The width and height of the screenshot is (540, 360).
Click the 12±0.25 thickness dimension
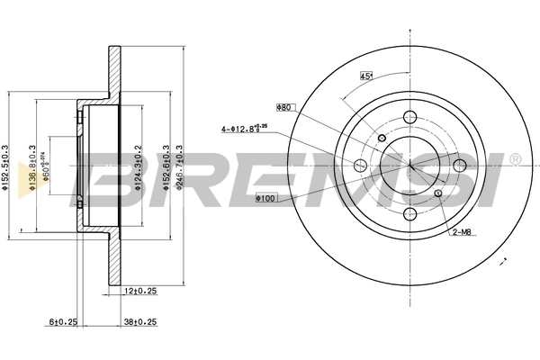[140, 291]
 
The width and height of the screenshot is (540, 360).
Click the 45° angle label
[366, 75]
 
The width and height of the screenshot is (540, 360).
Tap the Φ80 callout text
[284, 107]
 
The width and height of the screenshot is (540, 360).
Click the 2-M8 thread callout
[462, 234]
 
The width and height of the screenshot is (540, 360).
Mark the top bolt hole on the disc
[410, 116]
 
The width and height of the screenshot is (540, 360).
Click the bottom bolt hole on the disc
[410, 214]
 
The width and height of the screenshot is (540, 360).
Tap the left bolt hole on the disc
[362, 165]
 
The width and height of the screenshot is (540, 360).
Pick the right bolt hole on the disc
[459, 165]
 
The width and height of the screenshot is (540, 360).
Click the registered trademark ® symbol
[515, 159]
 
